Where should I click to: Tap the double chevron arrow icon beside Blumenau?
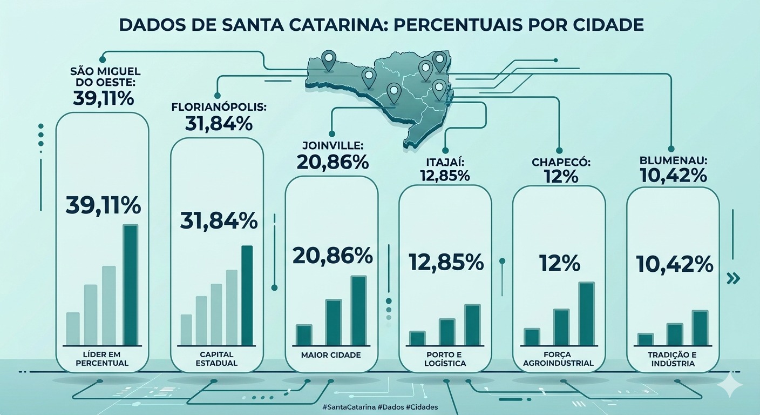pos(733,278)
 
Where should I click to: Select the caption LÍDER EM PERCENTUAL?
pos(103,359)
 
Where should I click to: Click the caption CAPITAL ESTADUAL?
pos(216,359)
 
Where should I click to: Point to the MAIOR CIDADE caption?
pos(331,355)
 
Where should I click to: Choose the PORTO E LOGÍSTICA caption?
pos(445,359)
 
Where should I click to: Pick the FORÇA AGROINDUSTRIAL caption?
pos(559,359)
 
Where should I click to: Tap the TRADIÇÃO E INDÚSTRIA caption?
pos(673,359)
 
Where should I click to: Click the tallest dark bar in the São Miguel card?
pos(131,285)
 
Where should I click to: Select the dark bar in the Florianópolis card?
pos(247,295)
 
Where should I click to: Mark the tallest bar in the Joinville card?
pos(359,310)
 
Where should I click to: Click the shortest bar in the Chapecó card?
pos(532,337)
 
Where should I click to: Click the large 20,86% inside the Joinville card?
pos(332,255)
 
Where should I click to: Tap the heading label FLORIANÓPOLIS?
pos(219,108)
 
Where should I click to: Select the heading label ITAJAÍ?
pos(445,161)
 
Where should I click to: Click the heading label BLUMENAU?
pos(673,161)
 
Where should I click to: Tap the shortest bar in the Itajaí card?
pos(417,338)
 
